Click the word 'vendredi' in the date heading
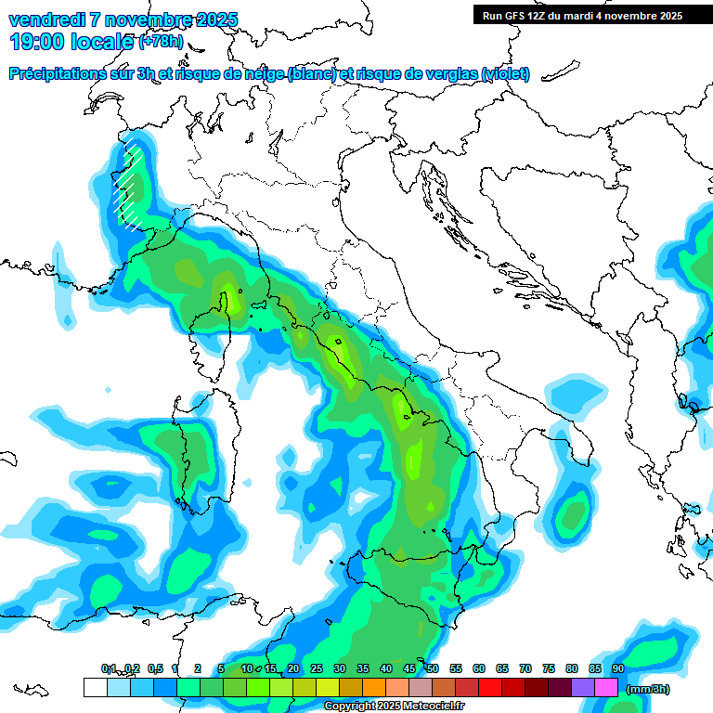(x=46, y=19)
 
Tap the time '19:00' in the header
(x=36, y=41)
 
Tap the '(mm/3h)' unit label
(x=648, y=689)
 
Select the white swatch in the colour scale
(x=95, y=688)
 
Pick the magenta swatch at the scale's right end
(x=606, y=688)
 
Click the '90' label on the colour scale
(x=618, y=668)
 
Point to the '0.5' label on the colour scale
(x=154, y=668)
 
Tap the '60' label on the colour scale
(x=479, y=668)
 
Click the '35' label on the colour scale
(x=363, y=668)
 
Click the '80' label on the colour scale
(x=572, y=668)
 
